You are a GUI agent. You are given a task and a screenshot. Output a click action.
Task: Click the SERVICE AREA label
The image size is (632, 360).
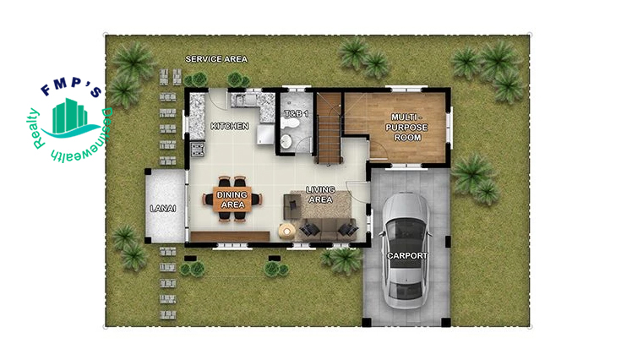coord(216,59)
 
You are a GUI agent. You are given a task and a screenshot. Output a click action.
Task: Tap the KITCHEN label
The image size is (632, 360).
coord(230,126)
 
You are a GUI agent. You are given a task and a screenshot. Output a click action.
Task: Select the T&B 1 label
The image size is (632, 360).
coord(297,114)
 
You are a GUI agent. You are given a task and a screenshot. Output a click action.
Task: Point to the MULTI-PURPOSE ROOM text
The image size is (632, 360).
coord(406,128)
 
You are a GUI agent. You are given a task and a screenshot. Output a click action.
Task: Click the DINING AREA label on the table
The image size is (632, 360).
coord(232,199)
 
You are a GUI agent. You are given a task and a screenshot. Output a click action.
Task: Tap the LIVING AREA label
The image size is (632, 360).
coord(320,194)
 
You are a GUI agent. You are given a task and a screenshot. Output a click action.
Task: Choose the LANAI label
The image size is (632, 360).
coord(163,209)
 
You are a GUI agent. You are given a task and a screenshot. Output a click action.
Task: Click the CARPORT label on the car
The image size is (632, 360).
coord(407,255)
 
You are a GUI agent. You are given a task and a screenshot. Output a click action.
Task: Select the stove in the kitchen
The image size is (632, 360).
coord(198,149)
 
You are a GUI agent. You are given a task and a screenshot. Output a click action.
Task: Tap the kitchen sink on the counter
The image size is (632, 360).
coord(244,100)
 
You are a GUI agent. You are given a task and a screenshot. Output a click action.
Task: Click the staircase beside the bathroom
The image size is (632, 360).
coord(329,128)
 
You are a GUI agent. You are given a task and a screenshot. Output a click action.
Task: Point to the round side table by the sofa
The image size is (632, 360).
coord(286,231)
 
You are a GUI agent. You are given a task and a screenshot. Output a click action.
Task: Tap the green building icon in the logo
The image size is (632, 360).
coord(70,116)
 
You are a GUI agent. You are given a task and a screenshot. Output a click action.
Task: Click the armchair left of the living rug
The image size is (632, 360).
coord(292,206)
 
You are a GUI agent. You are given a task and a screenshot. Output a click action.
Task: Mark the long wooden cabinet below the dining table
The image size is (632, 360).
coord(230,237)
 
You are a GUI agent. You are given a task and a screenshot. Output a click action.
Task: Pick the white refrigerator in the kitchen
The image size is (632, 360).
coord(265,134)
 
